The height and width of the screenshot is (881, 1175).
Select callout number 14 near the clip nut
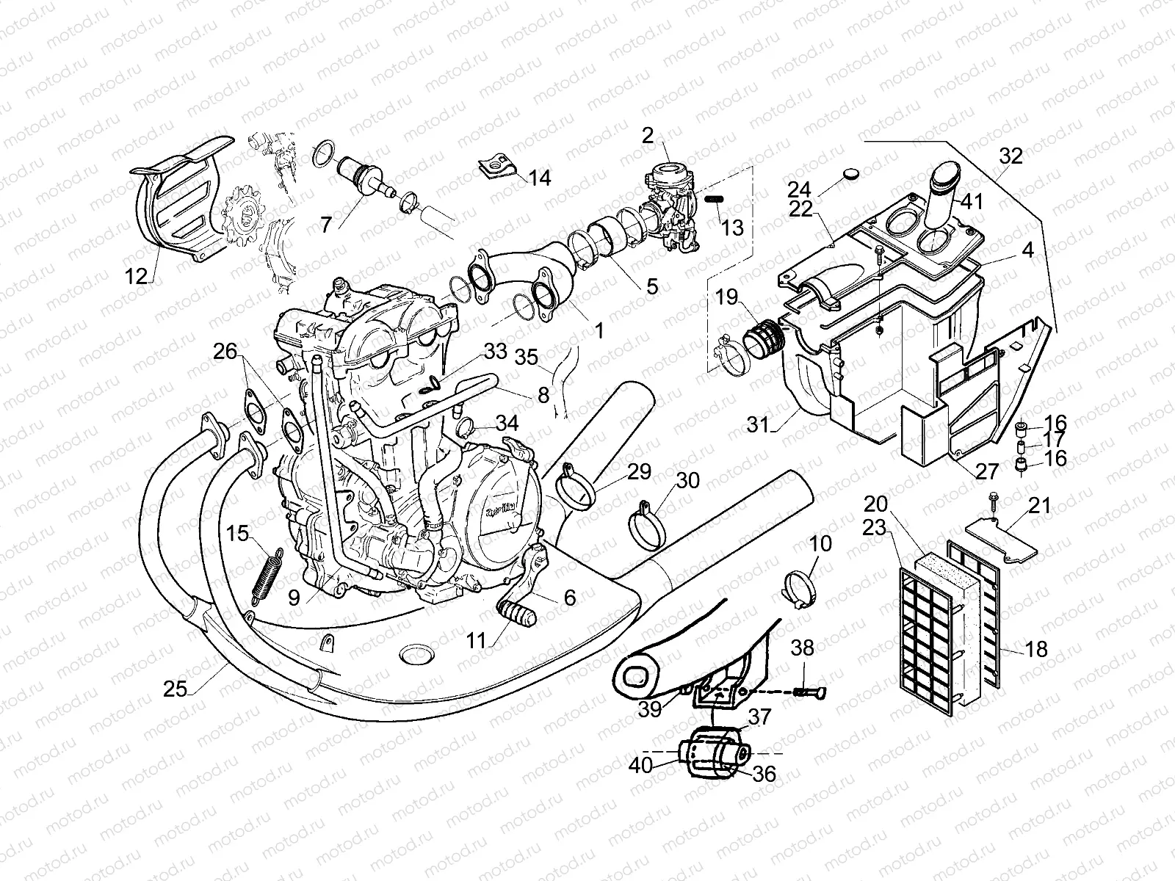pos(540,178)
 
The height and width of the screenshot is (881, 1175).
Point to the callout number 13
pos(732,228)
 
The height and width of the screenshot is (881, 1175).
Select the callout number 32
pos(1010,156)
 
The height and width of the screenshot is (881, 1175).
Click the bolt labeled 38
pos(809,690)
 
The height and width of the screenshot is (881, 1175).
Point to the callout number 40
pos(640,765)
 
